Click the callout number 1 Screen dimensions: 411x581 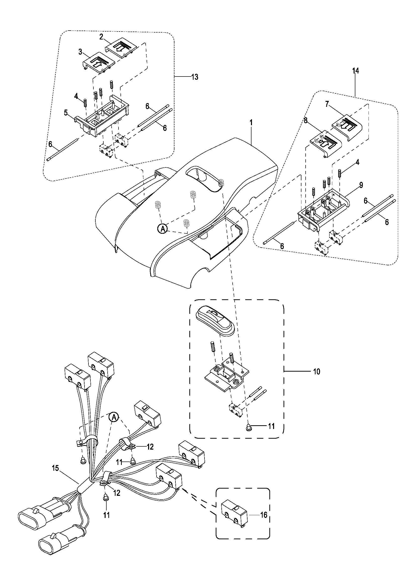251,123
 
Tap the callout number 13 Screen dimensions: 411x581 195,77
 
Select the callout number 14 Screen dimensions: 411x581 356,71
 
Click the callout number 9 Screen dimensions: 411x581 361,185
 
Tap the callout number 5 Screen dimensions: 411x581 66,113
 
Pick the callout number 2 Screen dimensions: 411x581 101,37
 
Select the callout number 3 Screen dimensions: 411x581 80,52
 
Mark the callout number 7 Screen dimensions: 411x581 327,104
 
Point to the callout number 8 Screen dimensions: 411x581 306,121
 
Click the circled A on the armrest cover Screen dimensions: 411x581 163,229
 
